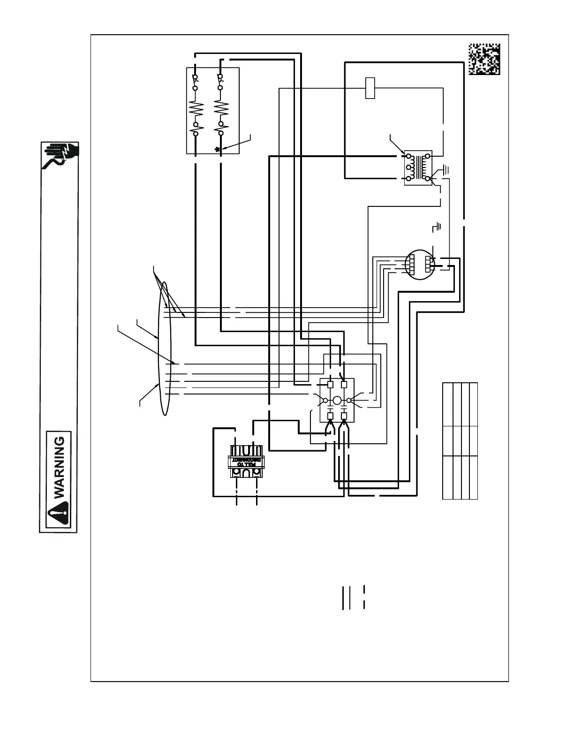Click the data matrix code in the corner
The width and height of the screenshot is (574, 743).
[x=484, y=59]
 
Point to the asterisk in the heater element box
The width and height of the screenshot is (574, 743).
[x=217, y=149]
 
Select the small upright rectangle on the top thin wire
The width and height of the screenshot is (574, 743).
[x=370, y=88]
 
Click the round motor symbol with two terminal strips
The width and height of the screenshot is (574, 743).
[x=419, y=264]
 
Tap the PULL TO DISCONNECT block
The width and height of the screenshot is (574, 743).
[x=246, y=462]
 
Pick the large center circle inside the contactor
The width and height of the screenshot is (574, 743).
[x=337, y=401]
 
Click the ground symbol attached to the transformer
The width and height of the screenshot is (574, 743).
[x=445, y=169]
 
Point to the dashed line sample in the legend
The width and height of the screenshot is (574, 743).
[x=364, y=597]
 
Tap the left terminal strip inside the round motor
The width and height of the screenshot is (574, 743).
[x=410, y=264]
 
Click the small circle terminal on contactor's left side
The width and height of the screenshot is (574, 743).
[x=325, y=401]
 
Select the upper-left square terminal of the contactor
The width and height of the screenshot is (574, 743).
[x=330, y=385]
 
